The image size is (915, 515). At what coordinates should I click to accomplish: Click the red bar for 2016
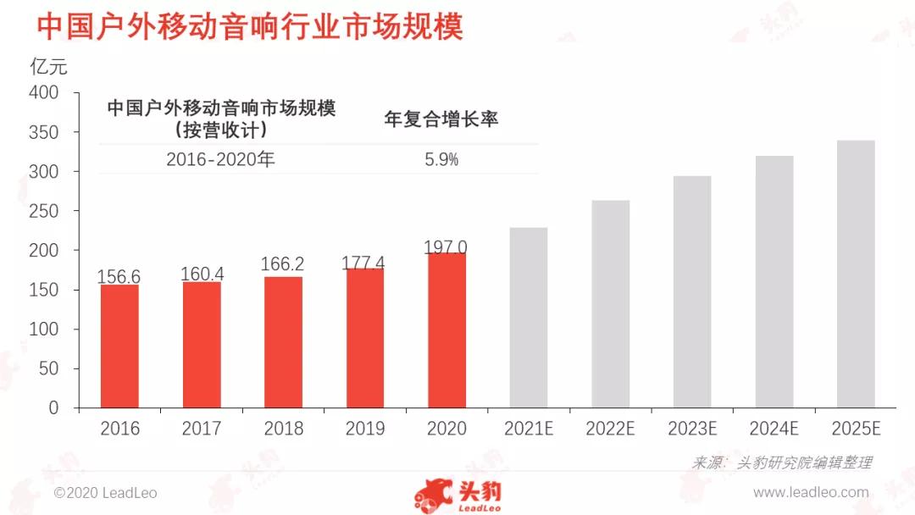pos(119,346)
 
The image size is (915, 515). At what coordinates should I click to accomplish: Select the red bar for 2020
pos(447,330)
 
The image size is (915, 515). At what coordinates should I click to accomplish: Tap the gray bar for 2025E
pos(856,274)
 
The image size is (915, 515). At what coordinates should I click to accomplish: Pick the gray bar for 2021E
pos(529,318)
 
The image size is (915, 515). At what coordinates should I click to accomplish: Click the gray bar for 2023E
pos(692,292)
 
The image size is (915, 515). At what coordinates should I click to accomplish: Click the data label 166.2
pos(284,264)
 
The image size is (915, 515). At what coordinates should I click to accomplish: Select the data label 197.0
pos(446,247)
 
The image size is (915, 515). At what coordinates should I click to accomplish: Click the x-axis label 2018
pos(284,429)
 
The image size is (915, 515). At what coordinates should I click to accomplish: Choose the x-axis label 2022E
pos(610,429)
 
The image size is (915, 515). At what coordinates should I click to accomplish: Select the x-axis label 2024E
pos(774,429)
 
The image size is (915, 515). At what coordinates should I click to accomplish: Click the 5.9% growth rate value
pos(441,159)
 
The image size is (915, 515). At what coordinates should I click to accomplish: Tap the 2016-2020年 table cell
pos(220,159)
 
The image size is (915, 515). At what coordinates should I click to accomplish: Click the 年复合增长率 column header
pos(441,119)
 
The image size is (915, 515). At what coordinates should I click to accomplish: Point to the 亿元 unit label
pos(48,66)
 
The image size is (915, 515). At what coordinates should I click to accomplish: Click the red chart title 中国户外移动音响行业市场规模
pos(250,26)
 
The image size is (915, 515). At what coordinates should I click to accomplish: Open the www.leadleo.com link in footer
pos(811,492)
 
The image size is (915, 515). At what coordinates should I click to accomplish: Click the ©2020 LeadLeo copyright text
pos(105,492)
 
